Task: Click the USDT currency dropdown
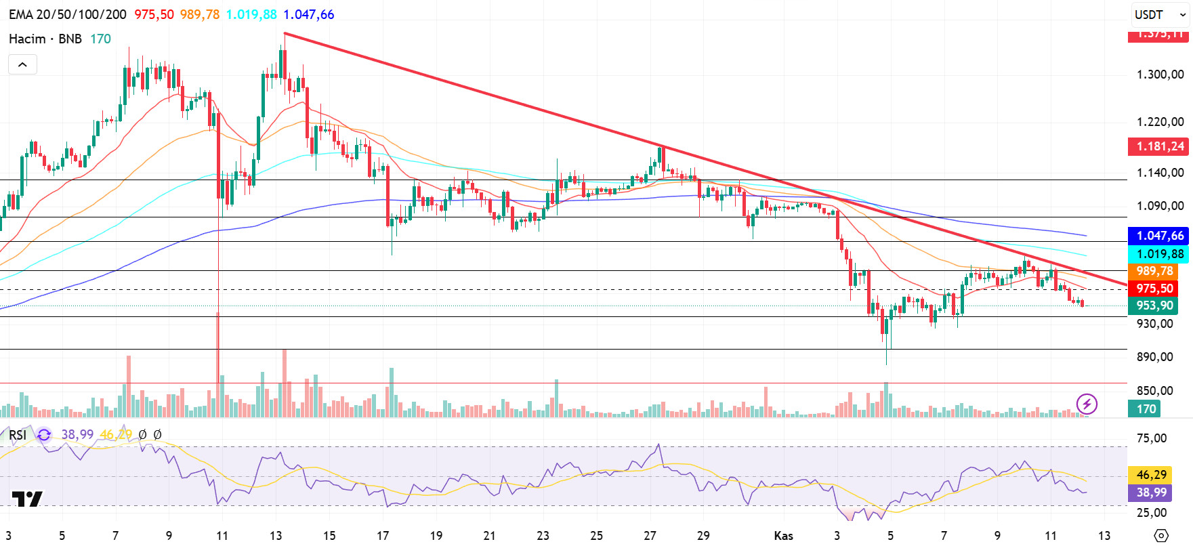pos(1160,14)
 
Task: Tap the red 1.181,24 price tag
pos(1159,146)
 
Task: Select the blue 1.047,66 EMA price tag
pos(1159,236)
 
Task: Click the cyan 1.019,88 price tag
pos(1159,254)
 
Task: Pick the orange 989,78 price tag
pos(1154,271)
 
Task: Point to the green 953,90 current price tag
pos(1154,306)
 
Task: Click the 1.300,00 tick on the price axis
pos(1159,75)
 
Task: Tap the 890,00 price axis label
pos(1154,357)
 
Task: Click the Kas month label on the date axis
pos(783,535)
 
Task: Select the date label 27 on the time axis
pos(650,535)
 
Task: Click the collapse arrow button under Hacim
pos(22,64)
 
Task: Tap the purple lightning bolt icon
pos(1087,404)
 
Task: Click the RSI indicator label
pos(18,435)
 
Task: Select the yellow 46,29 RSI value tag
pos(1151,475)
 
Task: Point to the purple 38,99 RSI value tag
pos(1151,492)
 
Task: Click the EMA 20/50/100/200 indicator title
pos(68,14)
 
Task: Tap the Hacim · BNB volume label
pos(45,39)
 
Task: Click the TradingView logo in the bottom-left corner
pos(27,499)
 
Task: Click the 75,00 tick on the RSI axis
pos(1151,438)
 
